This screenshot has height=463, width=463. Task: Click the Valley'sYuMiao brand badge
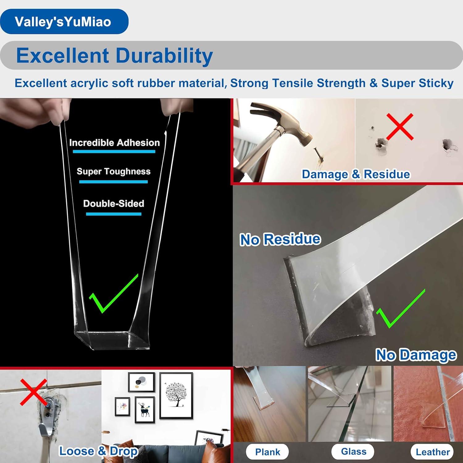coord(64,22)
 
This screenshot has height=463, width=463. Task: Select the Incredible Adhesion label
coord(114,143)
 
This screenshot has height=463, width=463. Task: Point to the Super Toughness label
coord(113,171)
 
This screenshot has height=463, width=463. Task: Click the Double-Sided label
coord(114,203)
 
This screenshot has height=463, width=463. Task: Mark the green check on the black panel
coord(113,293)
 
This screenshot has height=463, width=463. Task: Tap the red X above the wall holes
coord(400,127)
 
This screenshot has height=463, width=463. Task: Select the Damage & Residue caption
coord(356,174)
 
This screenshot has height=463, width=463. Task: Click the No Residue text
coord(280,240)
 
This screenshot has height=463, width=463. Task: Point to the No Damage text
coord(416,355)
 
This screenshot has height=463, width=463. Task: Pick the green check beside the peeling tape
coord(400,309)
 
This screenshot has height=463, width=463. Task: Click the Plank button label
coord(267,452)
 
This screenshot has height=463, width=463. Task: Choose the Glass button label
coord(353,452)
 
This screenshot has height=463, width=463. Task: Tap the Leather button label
coord(432,452)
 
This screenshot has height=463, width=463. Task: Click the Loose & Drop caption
coord(98,451)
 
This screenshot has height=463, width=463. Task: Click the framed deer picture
coord(144,410)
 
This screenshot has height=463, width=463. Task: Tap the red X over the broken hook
coord(33,392)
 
